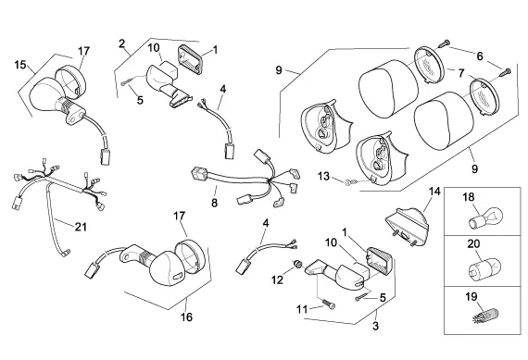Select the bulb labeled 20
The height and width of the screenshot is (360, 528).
tap(485, 267)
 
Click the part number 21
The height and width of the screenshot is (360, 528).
tap(81, 227)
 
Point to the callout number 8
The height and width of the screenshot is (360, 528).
tap(215, 203)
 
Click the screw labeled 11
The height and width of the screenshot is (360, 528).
tap(329, 304)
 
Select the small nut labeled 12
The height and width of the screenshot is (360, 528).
tap(297, 264)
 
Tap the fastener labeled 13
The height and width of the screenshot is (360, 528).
tap(350, 182)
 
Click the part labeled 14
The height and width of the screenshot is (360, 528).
tap(407, 228)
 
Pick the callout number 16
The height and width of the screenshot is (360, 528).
tap(186, 317)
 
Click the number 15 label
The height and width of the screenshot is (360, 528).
tap(20, 65)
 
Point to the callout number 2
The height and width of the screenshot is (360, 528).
tap(122, 43)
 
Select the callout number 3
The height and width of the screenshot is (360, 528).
tap(375, 326)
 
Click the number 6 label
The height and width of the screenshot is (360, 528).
tap(480, 56)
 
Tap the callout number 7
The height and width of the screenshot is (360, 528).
tap(461, 73)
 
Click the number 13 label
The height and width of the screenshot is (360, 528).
tap(323, 176)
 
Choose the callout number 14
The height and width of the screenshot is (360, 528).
tap(434, 192)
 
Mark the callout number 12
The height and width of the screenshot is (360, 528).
tap(278, 279)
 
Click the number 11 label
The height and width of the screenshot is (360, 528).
tap(302, 309)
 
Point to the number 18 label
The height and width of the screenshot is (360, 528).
tap(469, 197)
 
